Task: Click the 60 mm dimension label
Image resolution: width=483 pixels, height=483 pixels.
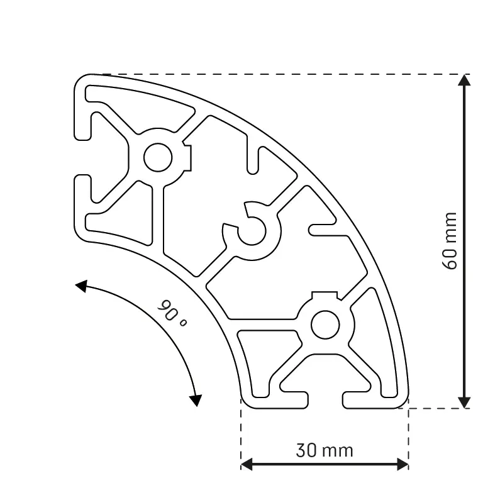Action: (450, 241)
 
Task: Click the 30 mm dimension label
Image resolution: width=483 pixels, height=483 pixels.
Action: (325, 450)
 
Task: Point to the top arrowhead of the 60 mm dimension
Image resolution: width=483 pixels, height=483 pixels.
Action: (464, 80)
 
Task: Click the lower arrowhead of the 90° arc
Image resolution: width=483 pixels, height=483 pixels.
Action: (196, 399)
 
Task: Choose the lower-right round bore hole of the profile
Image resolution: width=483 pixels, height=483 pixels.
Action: (325, 324)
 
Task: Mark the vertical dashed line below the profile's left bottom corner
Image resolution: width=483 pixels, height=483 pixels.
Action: (241, 434)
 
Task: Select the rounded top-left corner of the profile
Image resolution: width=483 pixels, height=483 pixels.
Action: (82, 81)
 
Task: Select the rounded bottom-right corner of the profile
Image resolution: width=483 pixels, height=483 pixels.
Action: (402, 402)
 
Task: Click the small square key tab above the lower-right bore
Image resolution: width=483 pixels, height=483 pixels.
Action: (325, 295)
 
